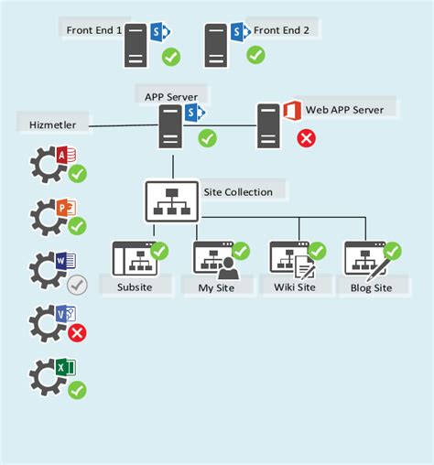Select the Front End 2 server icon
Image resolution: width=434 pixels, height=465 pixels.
click(x=216, y=46)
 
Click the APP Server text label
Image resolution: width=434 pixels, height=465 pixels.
click(x=170, y=95)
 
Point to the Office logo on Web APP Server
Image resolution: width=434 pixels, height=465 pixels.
click(x=291, y=111)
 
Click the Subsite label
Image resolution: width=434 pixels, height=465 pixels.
click(x=135, y=287)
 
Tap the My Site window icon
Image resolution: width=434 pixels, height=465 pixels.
click(x=215, y=261)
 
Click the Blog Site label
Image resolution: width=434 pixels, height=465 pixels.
click(x=371, y=287)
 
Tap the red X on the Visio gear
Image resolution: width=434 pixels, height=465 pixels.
click(x=78, y=332)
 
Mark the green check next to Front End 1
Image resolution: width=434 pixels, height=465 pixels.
click(x=170, y=58)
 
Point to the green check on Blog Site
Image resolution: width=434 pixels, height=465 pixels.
click(x=393, y=250)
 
